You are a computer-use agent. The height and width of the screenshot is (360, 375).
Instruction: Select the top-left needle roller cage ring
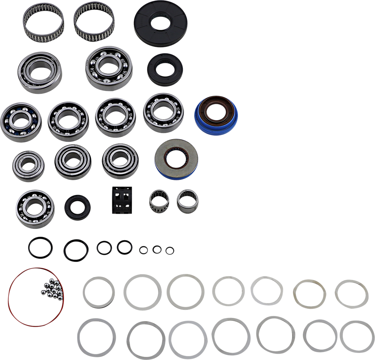43,19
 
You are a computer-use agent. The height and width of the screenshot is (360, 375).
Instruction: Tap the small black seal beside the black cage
77,207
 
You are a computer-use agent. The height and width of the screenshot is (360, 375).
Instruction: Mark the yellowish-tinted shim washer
309,294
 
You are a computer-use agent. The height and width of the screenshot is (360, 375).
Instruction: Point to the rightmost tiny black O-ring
170,250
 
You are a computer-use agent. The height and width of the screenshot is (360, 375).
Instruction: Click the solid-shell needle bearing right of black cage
187,200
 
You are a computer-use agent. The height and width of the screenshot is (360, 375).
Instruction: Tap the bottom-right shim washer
357,336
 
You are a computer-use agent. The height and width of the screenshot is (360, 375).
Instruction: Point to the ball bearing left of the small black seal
35,209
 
